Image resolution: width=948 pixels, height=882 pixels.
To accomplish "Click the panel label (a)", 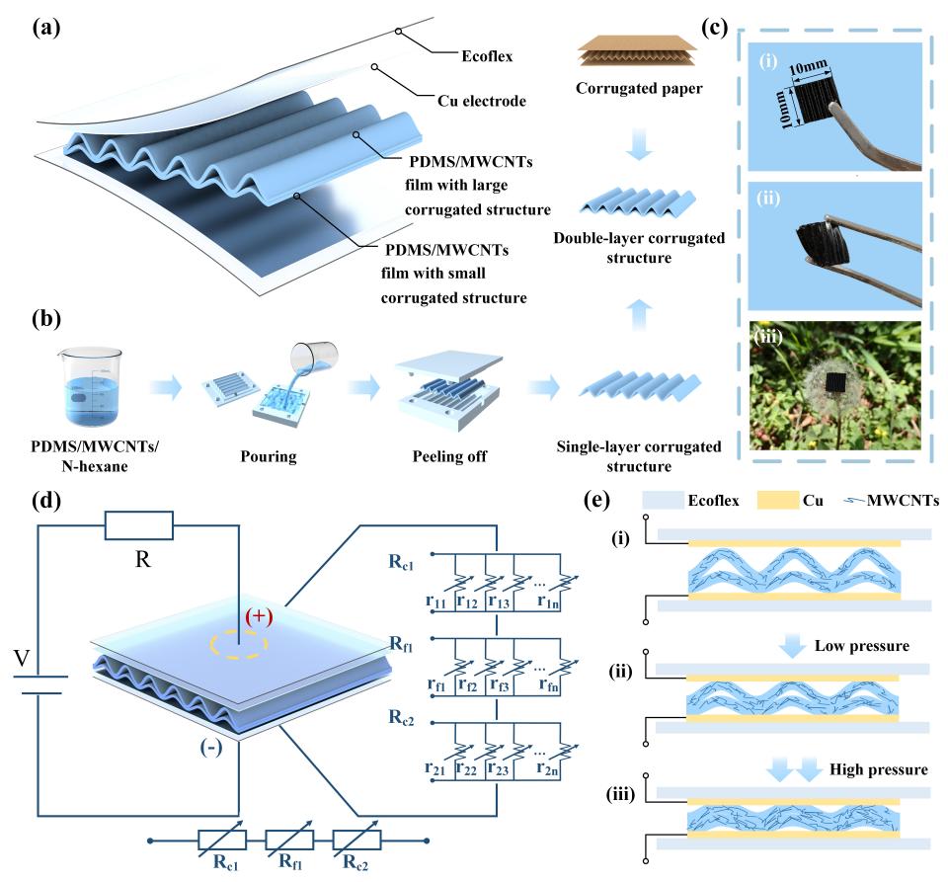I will click(x=47, y=27).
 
